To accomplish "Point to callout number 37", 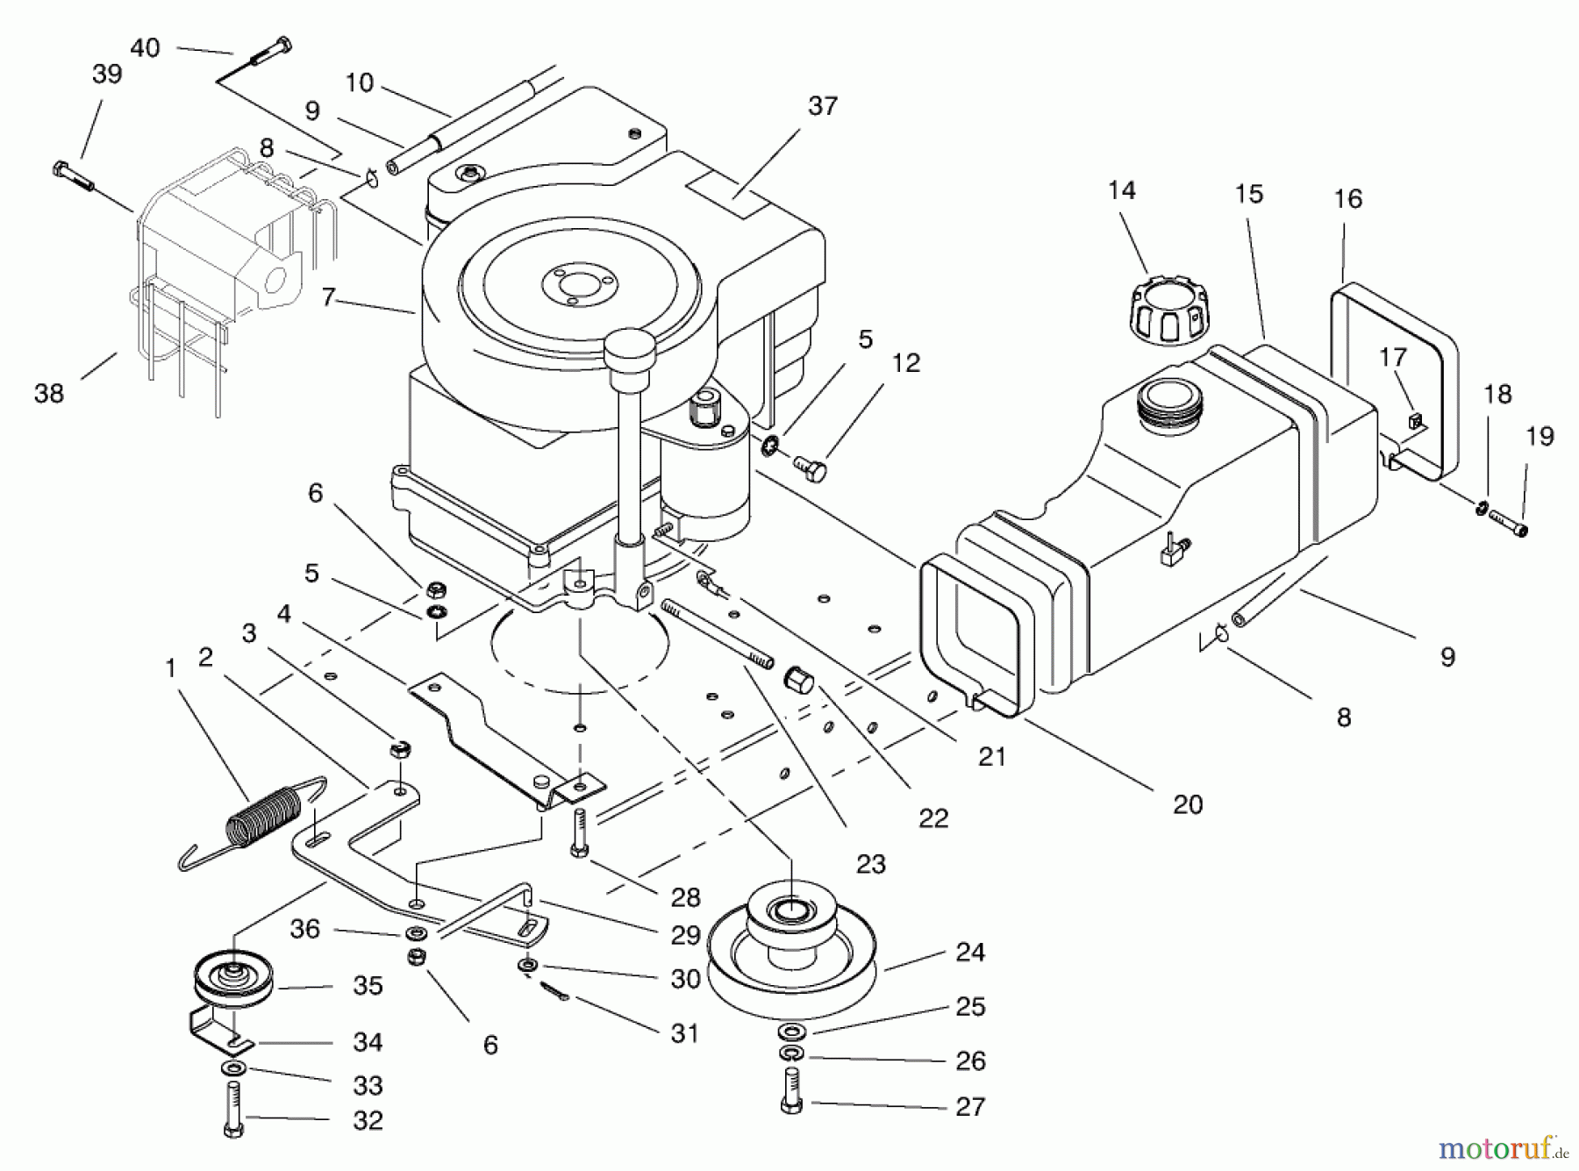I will pos(822,106).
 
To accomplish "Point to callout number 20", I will pos(1187,804).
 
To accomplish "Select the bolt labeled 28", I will pos(579,832).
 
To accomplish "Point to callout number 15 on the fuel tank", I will pos(1248,194).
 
